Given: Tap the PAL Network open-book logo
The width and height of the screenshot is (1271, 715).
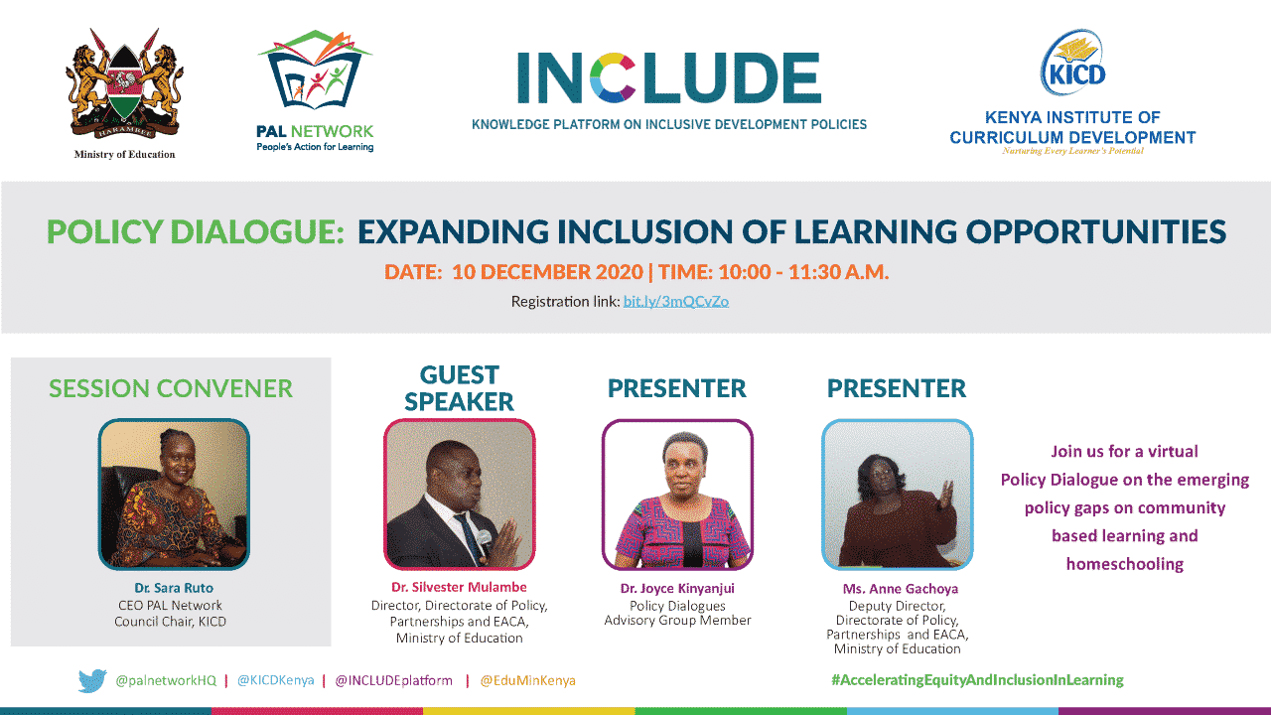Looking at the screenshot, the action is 316,70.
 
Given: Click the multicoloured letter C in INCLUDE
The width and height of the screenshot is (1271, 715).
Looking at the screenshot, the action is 613,77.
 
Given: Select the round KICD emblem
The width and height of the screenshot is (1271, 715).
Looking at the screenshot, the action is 1072,63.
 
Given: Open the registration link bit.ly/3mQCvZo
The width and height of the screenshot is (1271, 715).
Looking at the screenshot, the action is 676,301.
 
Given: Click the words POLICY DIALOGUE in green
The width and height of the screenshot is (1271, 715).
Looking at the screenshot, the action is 196,232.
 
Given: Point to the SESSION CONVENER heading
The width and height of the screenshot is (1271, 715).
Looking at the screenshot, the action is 171,388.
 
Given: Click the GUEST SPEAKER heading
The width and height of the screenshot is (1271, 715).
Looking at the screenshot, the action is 459,388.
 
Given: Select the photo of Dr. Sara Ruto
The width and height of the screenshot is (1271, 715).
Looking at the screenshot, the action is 174,495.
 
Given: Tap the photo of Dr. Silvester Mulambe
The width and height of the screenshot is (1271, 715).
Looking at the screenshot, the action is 460,495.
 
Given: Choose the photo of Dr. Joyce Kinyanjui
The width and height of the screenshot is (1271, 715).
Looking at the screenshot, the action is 677,495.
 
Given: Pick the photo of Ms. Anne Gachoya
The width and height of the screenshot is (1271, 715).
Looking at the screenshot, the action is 897,495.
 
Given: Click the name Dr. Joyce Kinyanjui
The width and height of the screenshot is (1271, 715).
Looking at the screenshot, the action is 677,589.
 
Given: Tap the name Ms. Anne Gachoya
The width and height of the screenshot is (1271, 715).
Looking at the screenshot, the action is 901,589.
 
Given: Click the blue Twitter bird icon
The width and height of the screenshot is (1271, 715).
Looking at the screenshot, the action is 92,680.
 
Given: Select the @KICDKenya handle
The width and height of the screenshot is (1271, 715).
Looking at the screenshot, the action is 276,680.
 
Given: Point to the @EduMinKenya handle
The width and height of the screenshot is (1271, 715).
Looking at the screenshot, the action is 527,680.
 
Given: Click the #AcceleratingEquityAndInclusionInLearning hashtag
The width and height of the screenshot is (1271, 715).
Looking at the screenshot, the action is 978,680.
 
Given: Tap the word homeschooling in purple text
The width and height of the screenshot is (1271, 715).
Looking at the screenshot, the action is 1125,564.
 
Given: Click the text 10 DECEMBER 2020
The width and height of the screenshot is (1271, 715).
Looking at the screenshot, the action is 547,272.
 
